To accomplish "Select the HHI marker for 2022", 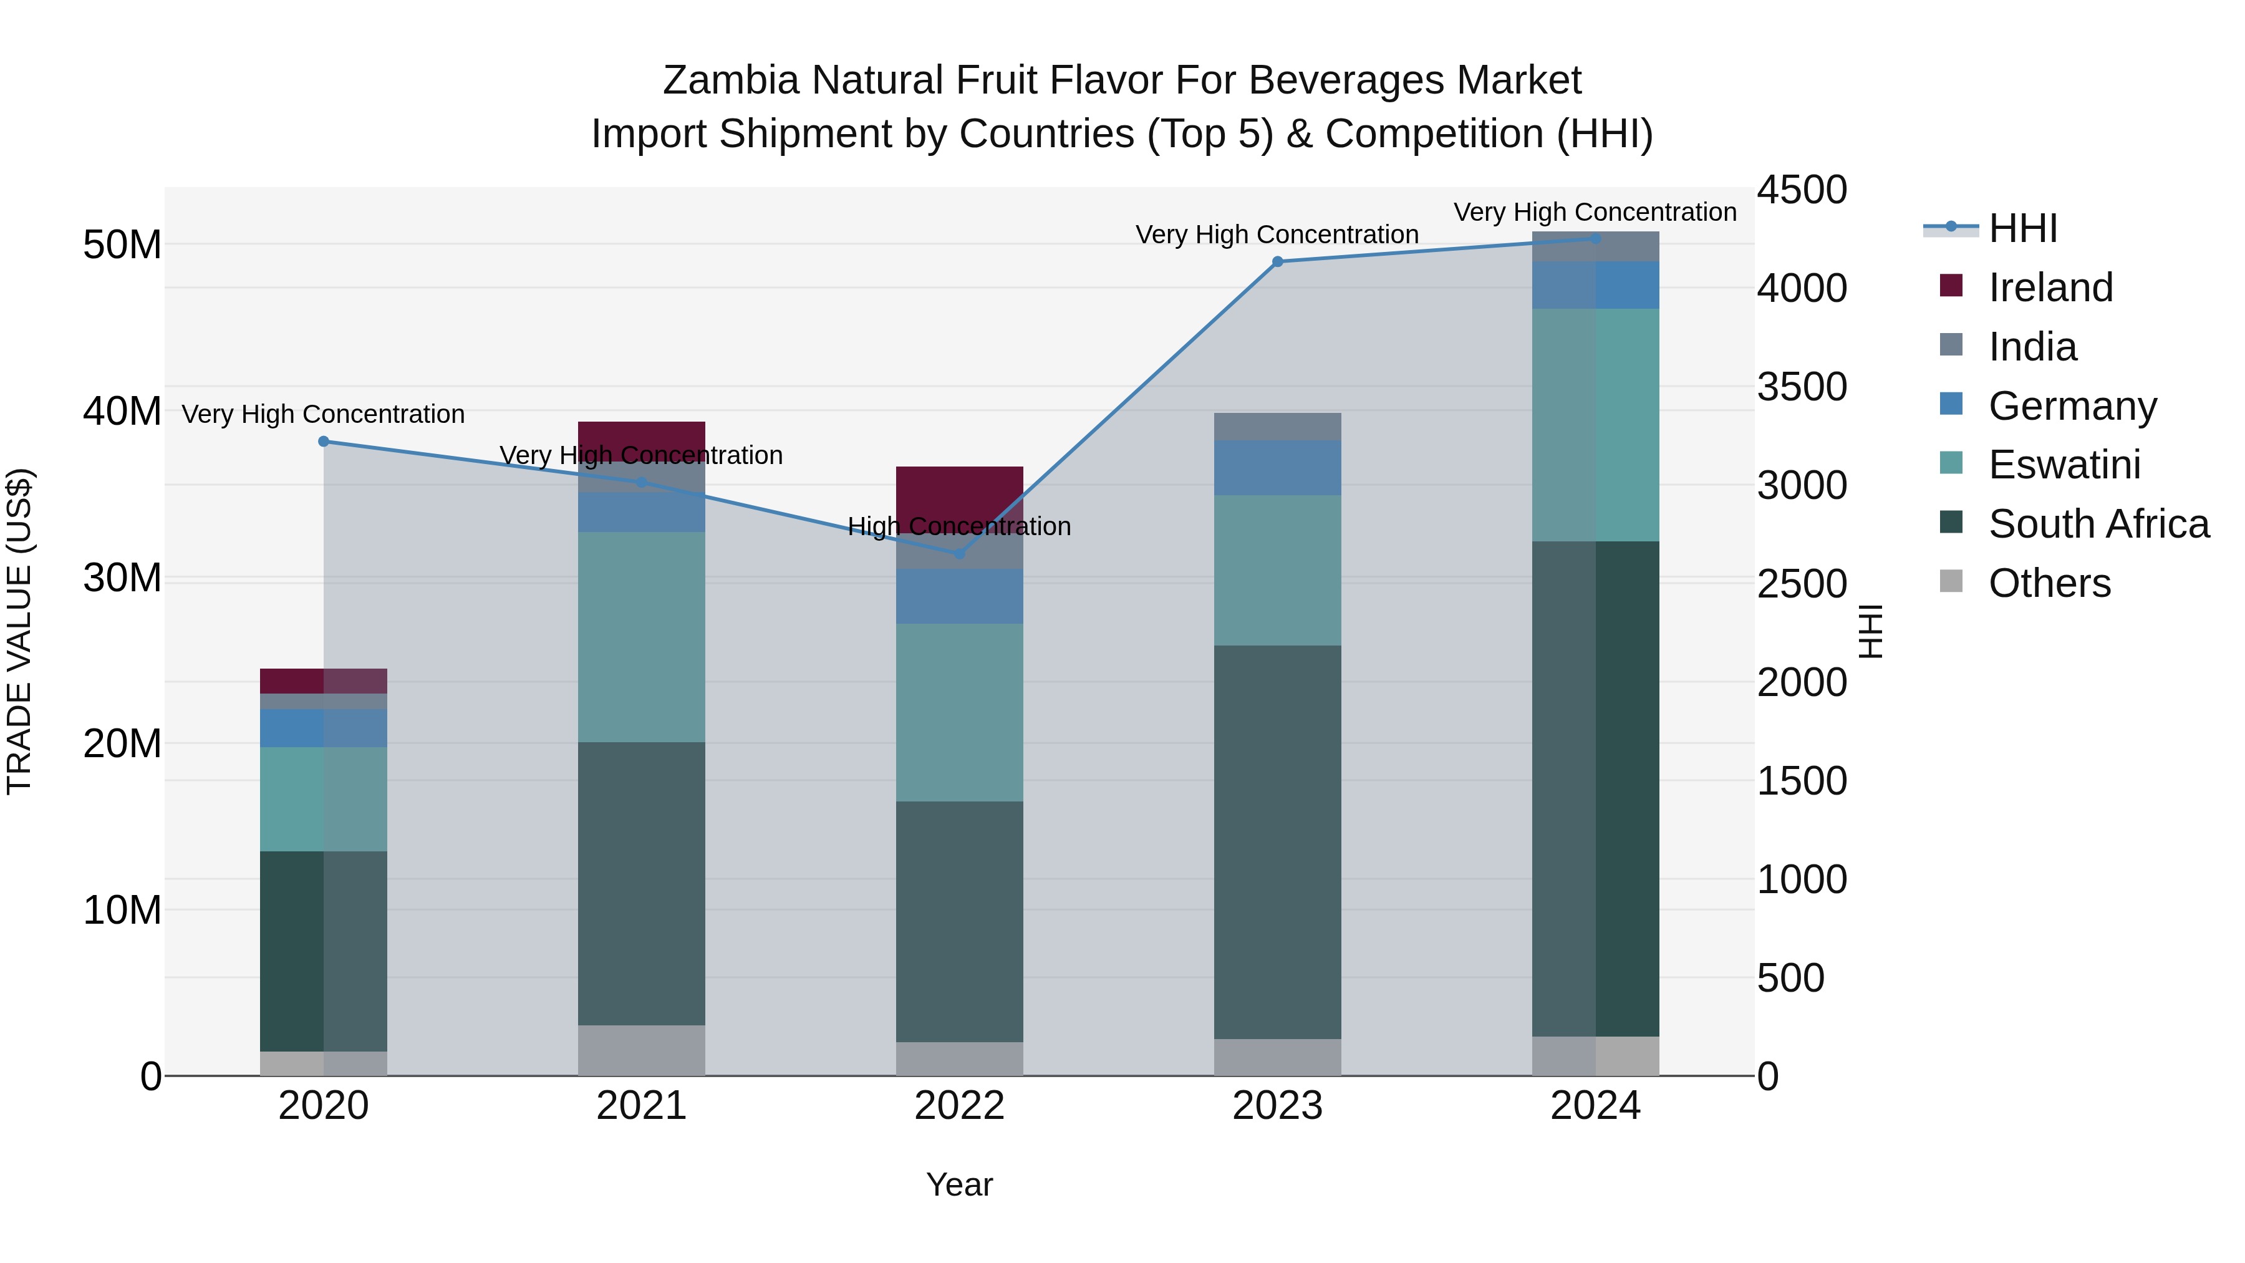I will [x=960, y=553].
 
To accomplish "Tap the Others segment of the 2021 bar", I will [x=642, y=1050].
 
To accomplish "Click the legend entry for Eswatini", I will [x=2064, y=465].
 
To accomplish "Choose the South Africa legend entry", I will [x=2098, y=524].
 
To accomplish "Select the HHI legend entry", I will [x=2022, y=228].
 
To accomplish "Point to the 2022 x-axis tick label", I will [x=960, y=1106].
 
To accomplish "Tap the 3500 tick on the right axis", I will [x=1800, y=386].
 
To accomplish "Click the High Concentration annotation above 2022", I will [x=960, y=526].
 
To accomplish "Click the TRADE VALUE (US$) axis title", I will [x=19, y=631].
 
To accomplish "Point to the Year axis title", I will [x=960, y=1184].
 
